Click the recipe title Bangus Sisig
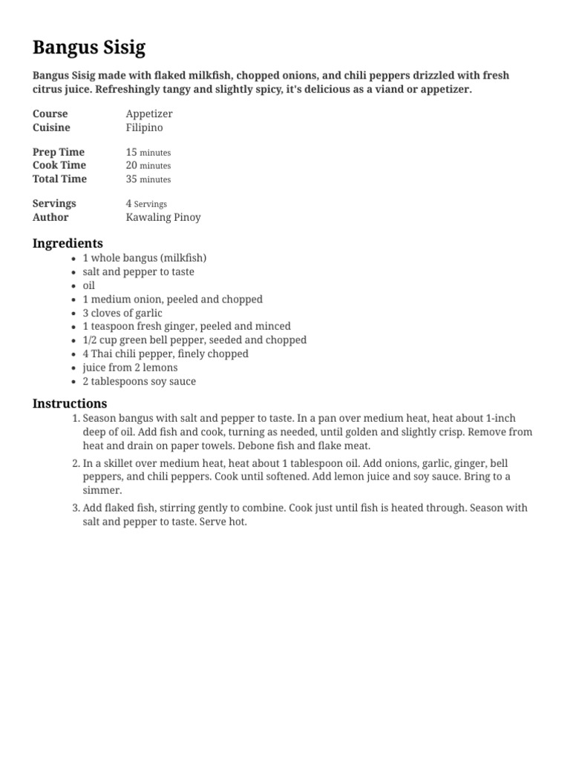pos(89,48)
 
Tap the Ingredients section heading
pos(68,243)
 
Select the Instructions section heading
pos(70,403)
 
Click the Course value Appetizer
pos(149,113)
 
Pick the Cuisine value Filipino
pos(144,127)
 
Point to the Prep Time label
pos(59,152)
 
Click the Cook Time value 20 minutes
pos(148,165)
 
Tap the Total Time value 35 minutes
pos(148,179)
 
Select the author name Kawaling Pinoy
pos(163,217)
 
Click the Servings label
pos(54,203)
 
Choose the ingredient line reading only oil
pos(89,285)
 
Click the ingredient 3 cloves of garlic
pos(122,313)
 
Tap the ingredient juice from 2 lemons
pos(130,368)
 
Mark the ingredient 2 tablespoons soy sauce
pos(140,381)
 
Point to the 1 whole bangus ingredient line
pos(144,258)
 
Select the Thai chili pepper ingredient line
pos(166,354)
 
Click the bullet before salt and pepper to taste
pos(73,272)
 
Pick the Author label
pos(50,217)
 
